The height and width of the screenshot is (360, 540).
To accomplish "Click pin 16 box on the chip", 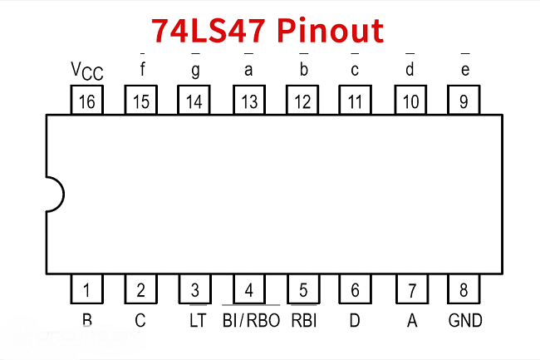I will point(87,101).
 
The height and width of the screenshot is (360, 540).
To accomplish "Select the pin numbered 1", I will point(87,290).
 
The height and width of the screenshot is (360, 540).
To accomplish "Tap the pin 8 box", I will point(464,290).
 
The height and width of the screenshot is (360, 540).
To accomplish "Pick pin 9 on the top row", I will point(464,101).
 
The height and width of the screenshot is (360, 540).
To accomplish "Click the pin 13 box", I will point(248,101).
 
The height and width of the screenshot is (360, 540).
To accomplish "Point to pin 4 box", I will point(248,290).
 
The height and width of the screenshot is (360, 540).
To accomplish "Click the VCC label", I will point(86,72).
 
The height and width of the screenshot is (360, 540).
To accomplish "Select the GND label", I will point(464,320).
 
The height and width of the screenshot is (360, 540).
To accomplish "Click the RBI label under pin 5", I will point(303,320).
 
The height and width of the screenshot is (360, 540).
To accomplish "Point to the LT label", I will point(195,320).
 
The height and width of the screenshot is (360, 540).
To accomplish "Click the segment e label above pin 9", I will point(464,71).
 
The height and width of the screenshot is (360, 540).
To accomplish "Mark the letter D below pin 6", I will point(355,320).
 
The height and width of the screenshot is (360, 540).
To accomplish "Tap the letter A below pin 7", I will point(411,320).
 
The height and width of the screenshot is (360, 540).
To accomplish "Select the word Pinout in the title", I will point(330,30).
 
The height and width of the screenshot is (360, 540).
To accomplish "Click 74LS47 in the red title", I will point(209,30).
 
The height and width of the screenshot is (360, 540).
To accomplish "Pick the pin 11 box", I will point(356,101).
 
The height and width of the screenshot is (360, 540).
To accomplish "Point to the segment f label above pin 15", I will point(142,71).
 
